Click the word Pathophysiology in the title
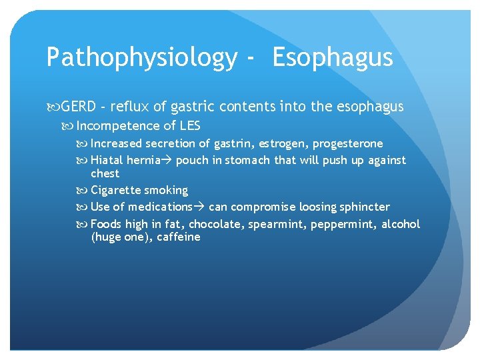click(141, 58)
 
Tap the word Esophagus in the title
click(333, 58)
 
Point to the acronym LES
click(189, 126)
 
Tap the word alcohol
click(401, 224)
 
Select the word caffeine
click(179, 237)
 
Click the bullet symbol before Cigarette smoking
click(84, 191)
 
